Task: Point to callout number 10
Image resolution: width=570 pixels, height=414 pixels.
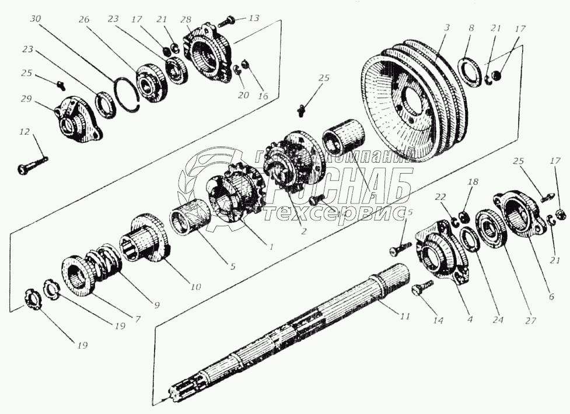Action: pyautogui.click(x=194, y=287)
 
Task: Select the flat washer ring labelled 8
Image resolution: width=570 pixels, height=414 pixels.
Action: pyautogui.click(x=468, y=66)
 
